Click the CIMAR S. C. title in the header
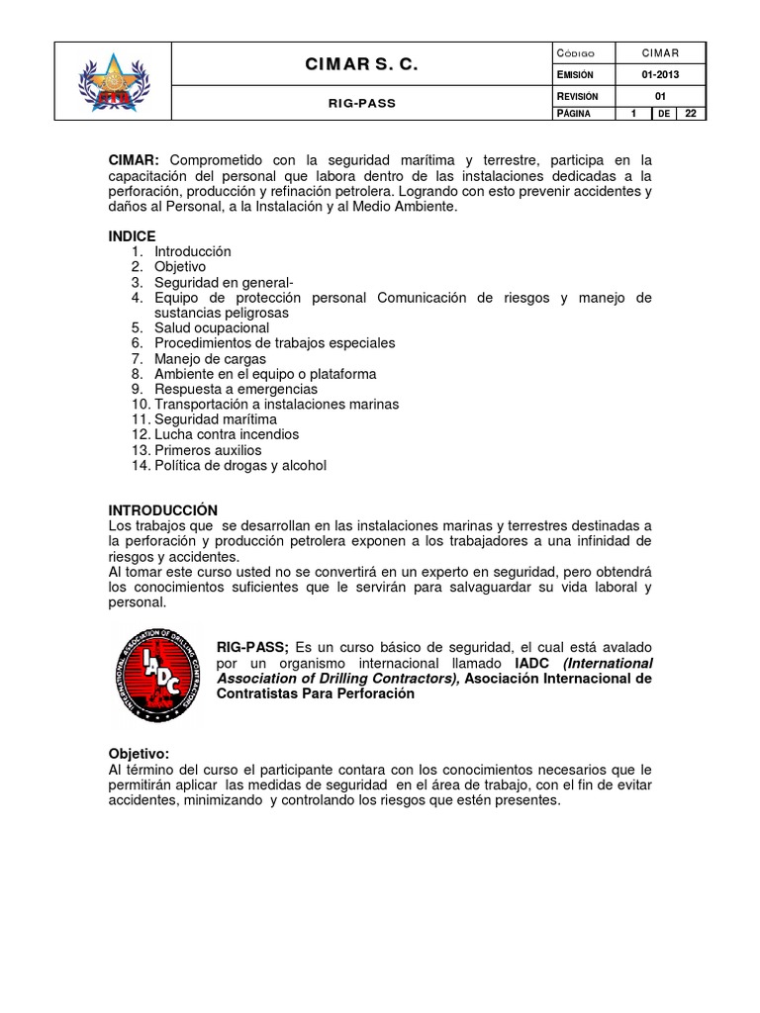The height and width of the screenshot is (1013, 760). (361, 65)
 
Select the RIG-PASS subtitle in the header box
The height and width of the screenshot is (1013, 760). (361, 103)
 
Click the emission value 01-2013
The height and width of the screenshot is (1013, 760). (661, 73)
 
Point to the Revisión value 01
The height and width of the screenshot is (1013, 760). (661, 94)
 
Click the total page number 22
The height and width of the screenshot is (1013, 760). (691, 114)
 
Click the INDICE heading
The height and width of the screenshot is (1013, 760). (132, 236)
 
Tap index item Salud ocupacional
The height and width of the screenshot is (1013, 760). (211, 327)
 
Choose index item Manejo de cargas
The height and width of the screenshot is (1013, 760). (210, 358)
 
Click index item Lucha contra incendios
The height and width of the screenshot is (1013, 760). (227, 434)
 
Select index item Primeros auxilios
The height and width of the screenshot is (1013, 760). (208, 450)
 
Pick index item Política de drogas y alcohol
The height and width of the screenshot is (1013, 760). (239, 465)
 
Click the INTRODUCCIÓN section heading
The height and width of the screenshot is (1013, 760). (162, 509)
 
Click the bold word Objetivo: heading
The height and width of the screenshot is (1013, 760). (140, 754)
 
